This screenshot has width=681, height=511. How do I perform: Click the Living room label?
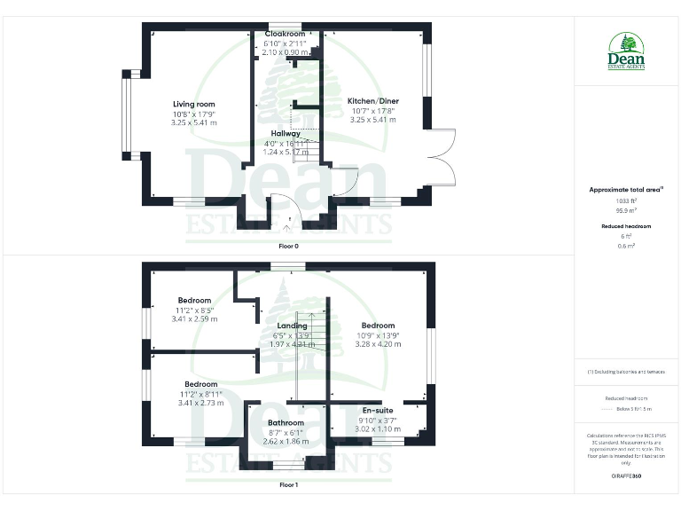pos(193,104)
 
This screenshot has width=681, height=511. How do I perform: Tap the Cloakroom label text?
pos(284,34)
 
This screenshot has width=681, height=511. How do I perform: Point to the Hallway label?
pos(285,133)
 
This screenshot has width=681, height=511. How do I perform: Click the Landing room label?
pos(292,326)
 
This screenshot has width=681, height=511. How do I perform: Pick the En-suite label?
pos(379,411)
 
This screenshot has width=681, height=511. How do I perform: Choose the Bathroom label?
pos(286,423)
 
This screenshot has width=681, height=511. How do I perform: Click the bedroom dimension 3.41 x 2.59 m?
pos(193,318)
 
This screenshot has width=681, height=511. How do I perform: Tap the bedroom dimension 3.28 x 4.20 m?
pos(378,344)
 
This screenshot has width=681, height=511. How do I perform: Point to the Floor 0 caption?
pos(288,246)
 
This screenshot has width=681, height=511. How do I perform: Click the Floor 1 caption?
pos(288,485)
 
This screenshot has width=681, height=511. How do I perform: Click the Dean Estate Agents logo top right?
pos(626,51)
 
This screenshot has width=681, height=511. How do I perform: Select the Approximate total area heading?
pos(626,190)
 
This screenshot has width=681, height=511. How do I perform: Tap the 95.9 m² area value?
pos(626,210)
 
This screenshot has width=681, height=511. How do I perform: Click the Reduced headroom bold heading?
pos(626,226)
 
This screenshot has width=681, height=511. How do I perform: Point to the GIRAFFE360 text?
pos(626,476)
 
